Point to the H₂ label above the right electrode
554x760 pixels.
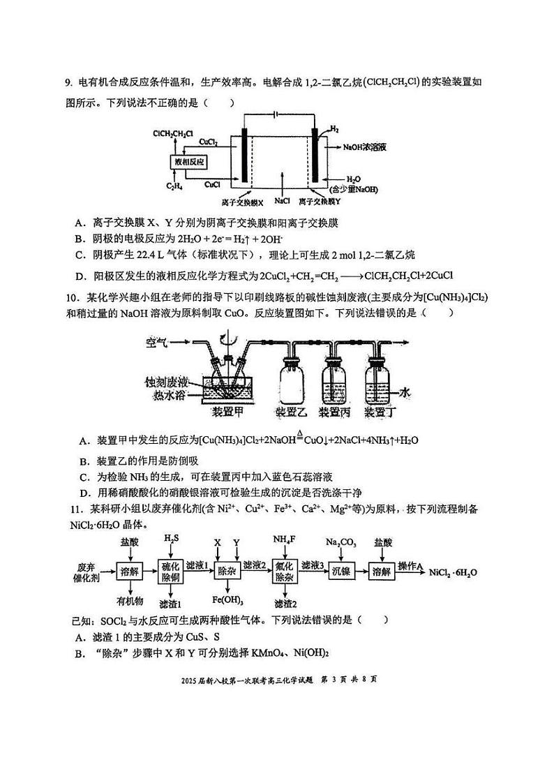pos(334,130)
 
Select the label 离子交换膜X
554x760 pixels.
pos(241,202)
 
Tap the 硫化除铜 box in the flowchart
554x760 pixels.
pos(171,570)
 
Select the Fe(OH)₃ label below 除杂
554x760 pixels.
pos(227,599)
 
